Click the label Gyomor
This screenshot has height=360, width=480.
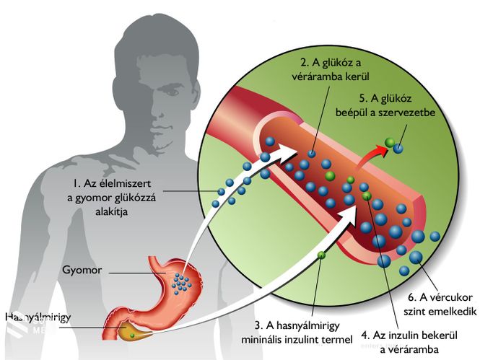[x=82, y=271]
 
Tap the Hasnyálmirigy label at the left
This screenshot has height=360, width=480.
[x=38, y=317]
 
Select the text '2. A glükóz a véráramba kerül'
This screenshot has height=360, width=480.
[x=331, y=69]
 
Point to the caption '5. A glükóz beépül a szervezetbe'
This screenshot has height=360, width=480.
[x=385, y=105]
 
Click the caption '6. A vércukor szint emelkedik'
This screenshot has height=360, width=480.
[x=440, y=304]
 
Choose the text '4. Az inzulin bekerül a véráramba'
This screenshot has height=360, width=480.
[x=409, y=342]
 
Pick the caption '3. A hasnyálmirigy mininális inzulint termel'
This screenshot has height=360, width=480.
[x=297, y=332]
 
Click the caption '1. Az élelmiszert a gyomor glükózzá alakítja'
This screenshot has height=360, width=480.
[x=111, y=197]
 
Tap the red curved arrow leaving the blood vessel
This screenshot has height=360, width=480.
[x=371, y=154]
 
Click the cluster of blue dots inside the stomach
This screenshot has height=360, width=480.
[x=182, y=283]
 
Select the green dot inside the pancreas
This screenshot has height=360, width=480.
[x=132, y=335]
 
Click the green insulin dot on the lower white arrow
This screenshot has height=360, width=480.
[x=321, y=255]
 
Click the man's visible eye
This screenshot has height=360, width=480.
[x=173, y=91]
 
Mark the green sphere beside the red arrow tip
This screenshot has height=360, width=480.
[x=390, y=142]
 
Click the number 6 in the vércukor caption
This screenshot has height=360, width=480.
[x=411, y=297]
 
